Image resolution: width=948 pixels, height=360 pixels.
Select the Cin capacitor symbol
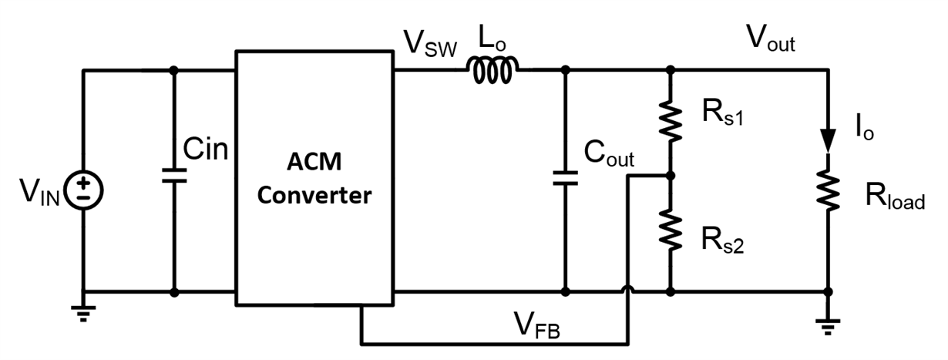click(x=174, y=177)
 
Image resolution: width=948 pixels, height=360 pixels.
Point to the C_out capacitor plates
click(x=566, y=179)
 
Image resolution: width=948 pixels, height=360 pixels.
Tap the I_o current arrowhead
click(x=828, y=141)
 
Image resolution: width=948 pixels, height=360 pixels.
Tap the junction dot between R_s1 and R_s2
click(x=671, y=176)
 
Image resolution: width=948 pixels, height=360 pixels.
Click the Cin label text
click(x=206, y=149)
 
